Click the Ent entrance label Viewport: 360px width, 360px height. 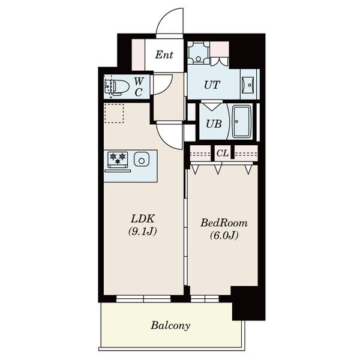pos(164,55)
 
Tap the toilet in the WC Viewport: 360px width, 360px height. pos(116,86)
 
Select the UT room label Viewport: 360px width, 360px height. pos(212,85)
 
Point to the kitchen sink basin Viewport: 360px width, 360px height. pos(142,159)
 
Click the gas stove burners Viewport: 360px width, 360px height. pos(118,158)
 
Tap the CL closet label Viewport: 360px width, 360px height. pos(222,153)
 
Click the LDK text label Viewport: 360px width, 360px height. pos(142,219)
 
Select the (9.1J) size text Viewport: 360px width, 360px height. pos(142,232)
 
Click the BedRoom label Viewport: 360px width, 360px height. pos(224,223)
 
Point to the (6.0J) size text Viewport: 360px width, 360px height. pos(224,235)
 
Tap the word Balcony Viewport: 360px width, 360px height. pos(170,326)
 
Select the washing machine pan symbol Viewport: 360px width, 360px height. pos(199,53)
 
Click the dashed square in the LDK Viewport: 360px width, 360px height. pos(114,113)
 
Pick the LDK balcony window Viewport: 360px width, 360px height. pos(143,299)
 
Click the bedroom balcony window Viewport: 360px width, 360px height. pos(205,299)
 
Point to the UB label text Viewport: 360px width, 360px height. pos(214,124)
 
